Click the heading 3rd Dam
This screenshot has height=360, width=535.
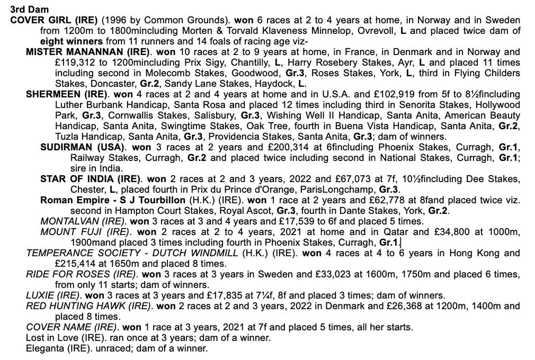click(29, 10)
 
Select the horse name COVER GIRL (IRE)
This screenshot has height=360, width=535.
click(54, 20)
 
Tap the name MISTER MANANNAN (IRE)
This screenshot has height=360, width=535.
click(88, 52)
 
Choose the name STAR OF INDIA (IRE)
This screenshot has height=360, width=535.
click(91, 179)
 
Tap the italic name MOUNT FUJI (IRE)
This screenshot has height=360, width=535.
click(84, 232)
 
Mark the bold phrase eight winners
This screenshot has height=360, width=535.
click(72, 41)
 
